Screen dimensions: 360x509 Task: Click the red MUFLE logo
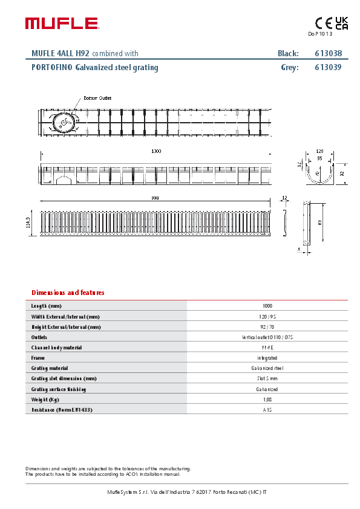coord(61,24)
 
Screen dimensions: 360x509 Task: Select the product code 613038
coord(328,53)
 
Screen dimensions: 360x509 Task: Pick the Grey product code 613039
coord(328,68)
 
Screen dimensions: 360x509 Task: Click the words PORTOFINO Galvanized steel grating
coord(94,68)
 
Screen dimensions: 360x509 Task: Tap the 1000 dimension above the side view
coord(156,151)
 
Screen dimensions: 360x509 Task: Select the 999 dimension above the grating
coord(155,198)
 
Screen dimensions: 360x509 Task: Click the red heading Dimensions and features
coord(68,293)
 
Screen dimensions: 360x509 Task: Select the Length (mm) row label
coord(47,306)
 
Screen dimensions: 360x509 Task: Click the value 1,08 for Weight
coord(267,400)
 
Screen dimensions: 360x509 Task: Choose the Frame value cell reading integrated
coord(267,358)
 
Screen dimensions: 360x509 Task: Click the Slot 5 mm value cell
coord(267,378)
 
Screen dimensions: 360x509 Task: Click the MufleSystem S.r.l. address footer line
coord(187,492)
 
